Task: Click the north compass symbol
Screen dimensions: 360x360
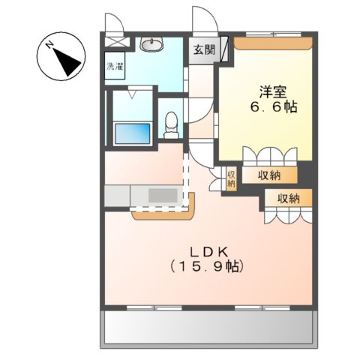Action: [62, 58]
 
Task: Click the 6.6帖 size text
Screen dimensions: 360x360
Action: [272, 107]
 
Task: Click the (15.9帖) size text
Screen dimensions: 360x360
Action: [208, 265]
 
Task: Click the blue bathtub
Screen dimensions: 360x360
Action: [133, 133]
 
